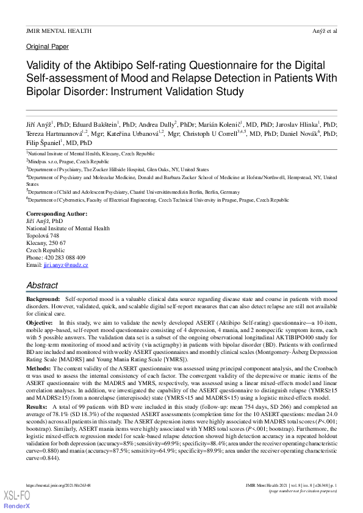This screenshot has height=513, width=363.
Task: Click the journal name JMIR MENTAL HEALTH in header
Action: tap(59, 30)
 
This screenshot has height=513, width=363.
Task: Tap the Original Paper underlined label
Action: tap(48, 46)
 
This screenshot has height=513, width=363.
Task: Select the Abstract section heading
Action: tap(42, 285)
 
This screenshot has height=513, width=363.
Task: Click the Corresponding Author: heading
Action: tap(57, 214)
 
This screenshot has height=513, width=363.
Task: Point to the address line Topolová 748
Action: tap(43, 236)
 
